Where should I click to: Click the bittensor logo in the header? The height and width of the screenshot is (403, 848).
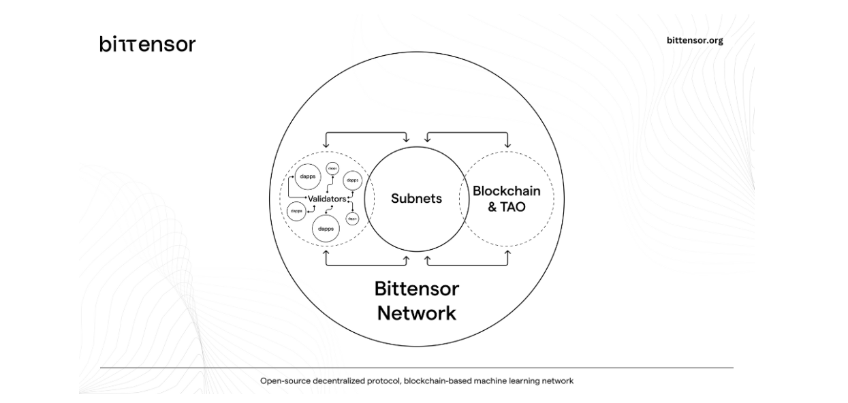tap(147, 45)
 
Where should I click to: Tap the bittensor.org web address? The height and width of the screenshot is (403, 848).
tap(695, 40)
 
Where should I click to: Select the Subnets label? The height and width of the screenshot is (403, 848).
tap(416, 199)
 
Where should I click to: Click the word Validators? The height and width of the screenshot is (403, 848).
tap(327, 199)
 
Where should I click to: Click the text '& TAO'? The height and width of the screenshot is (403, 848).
tap(506, 207)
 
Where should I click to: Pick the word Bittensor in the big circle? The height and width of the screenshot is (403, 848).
tap(416, 289)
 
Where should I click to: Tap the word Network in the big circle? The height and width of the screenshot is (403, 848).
tap(416, 314)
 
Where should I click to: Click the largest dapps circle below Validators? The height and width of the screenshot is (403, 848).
tap(326, 228)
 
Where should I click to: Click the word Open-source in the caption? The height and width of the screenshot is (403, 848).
tap(282, 381)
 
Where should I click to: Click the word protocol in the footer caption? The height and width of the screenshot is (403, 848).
tap(383, 381)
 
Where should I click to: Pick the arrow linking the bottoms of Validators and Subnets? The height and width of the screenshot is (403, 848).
tap(367, 263)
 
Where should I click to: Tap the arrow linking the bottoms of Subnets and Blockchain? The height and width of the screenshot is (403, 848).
tap(467, 263)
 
